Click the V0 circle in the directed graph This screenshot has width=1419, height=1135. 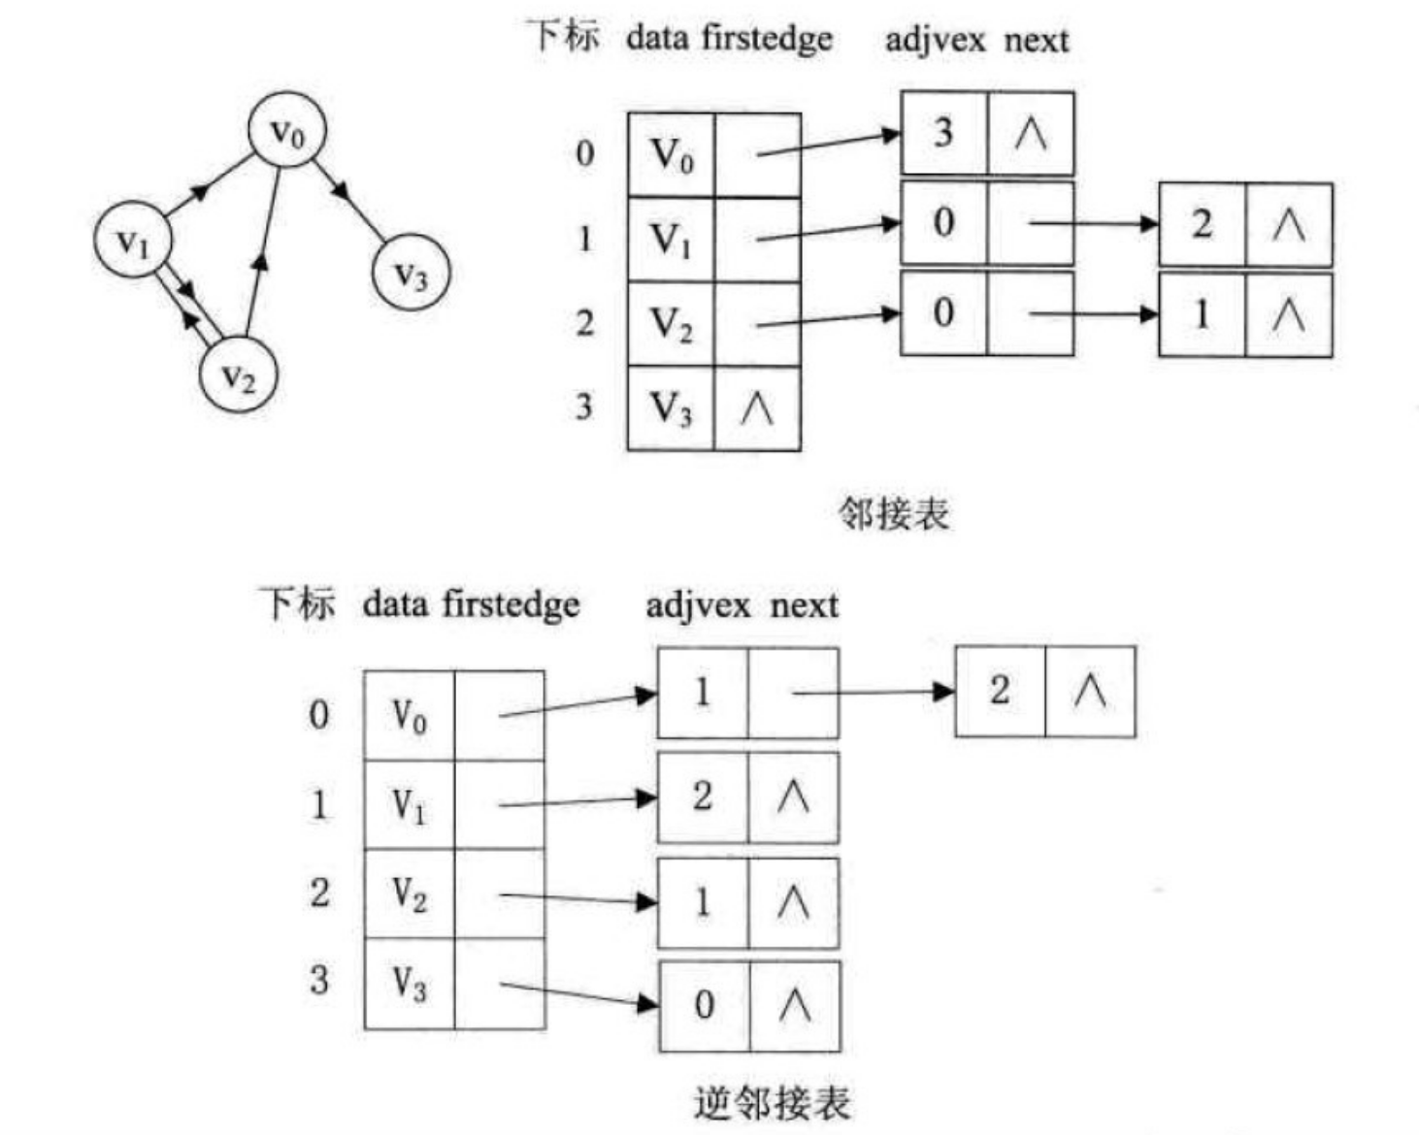(x=285, y=130)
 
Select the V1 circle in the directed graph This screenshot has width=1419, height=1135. (x=133, y=240)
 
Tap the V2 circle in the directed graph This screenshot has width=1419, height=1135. (x=239, y=375)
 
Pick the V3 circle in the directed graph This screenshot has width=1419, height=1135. (x=412, y=274)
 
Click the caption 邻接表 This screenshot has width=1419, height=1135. (x=893, y=513)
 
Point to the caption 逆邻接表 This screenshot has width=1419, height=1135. (x=772, y=1103)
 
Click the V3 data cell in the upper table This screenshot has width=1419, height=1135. (x=671, y=408)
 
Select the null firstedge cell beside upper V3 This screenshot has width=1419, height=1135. (x=757, y=408)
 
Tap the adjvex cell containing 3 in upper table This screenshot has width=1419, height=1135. (x=943, y=133)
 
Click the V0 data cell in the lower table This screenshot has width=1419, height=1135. (x=409, y=716)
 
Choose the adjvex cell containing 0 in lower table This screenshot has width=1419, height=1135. (x=704, y=1005)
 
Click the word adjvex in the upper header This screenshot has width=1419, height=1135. (x=935, y=40)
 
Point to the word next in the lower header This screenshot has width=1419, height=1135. (x=804, y=605)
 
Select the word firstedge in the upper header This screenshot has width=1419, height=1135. (x=767, y=39)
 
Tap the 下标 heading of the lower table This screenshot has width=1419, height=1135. (x=297, y=603)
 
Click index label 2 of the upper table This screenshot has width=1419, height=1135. (x=584, y=322)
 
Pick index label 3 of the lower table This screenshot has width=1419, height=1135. (x=319, y=980)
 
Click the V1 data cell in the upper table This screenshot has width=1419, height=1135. (x=671, y=240)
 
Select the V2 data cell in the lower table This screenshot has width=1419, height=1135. (x=409, y=892)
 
